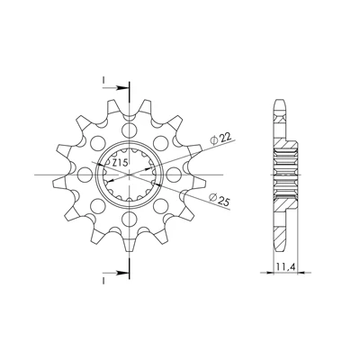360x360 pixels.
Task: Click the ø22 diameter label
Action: (x=221, y=139)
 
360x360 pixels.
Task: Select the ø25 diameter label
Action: (x=220, y=201)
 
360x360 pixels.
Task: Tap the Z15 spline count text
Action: (x=121, y=163)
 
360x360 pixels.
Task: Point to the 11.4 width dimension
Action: (x=285, y=266)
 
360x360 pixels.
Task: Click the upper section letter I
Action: (x=103, y=80)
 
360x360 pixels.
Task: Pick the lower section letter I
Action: (x=103, y=281)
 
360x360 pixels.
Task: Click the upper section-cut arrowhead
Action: (x=123, y=88)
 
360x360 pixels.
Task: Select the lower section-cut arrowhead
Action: (x=123, y=273)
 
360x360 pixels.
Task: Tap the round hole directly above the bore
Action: (x=130, y=130)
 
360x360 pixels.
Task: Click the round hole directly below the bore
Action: (x=130, y=219)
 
